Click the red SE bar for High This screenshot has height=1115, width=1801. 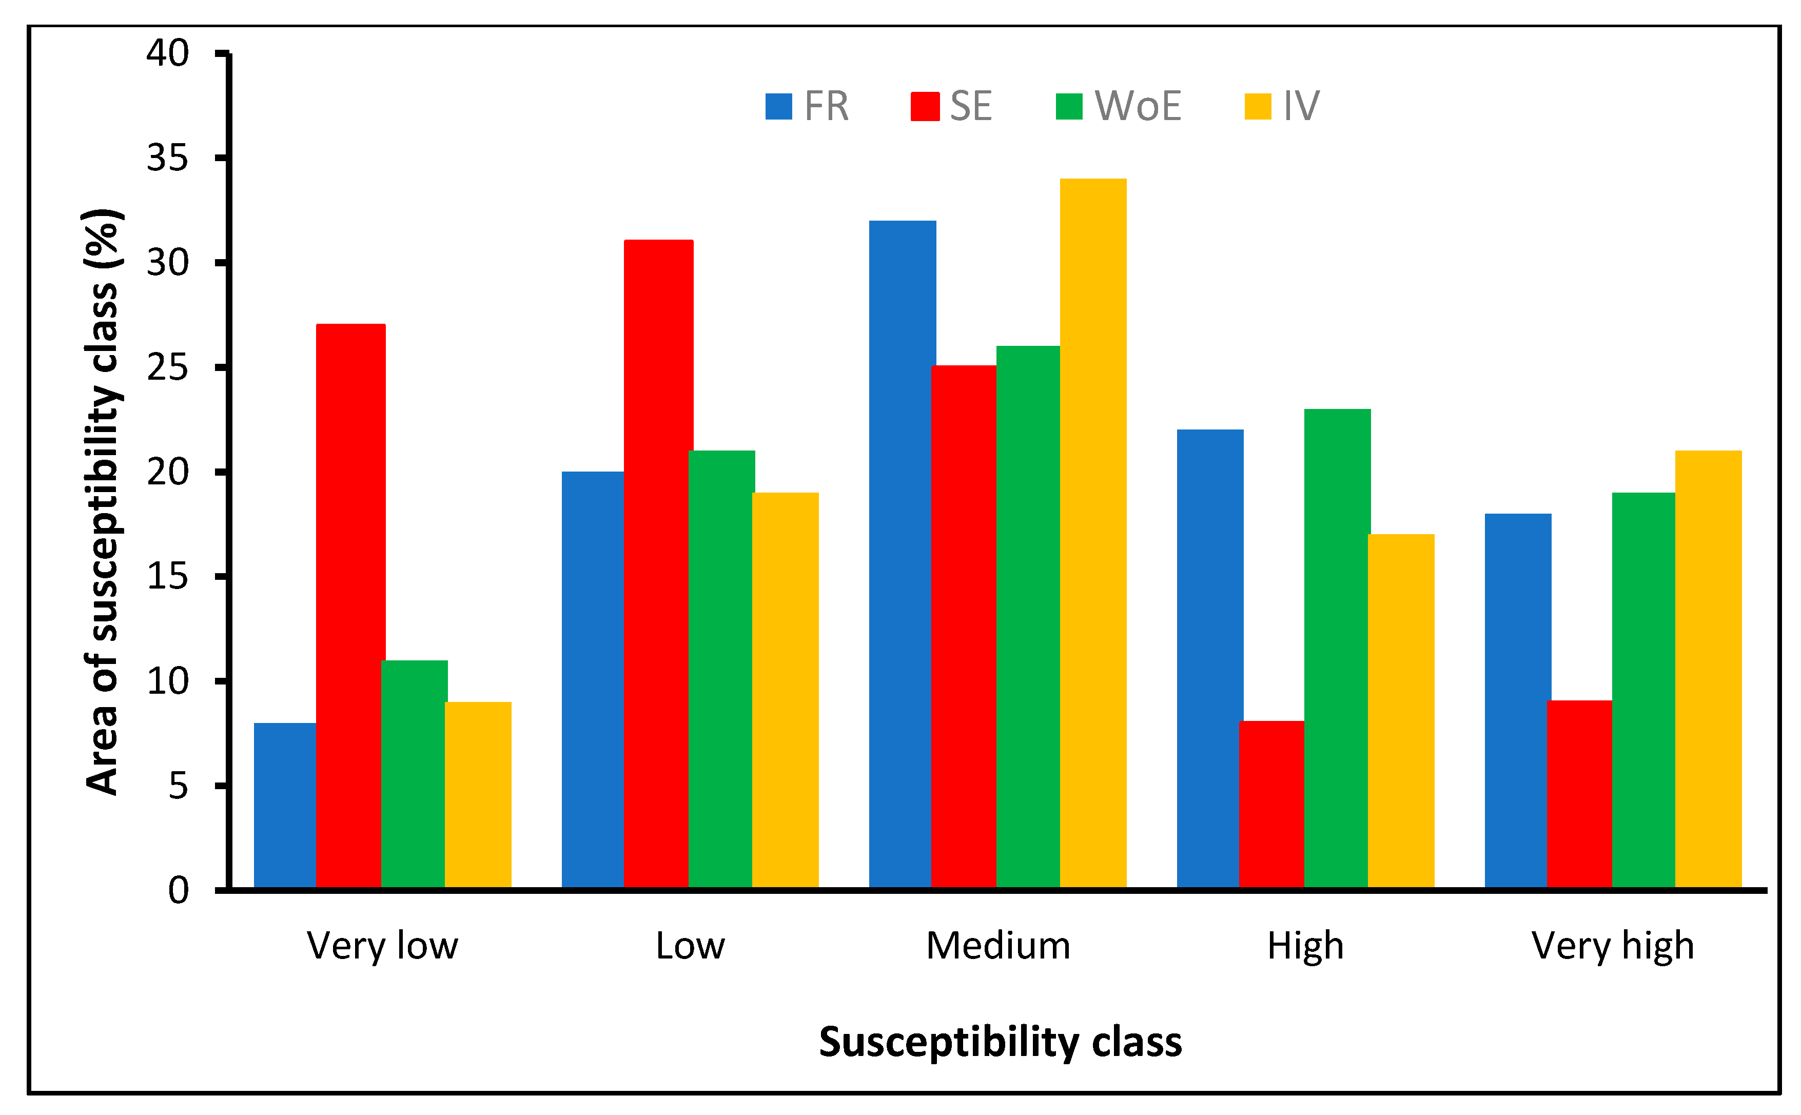click(x=1271, y=804)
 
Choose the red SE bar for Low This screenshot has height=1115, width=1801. click(x=658, y=564)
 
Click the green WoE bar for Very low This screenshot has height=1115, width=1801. click(x=414, y=774)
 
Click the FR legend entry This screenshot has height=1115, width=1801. click(x=807, y=106)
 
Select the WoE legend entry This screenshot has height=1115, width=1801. click(x=1119, y=106)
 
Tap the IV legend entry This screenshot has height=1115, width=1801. click(x=1282, y=106)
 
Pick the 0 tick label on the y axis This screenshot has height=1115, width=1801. click(x=179, y=891)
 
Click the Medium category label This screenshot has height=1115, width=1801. click(x=998, y=945)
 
